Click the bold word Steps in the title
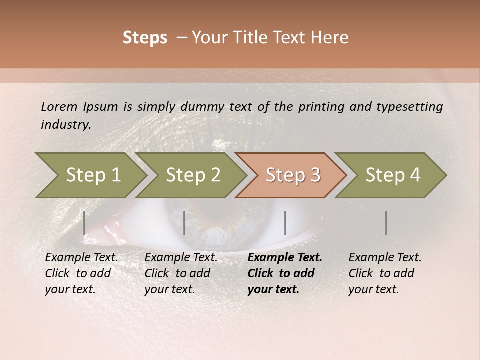coord(145,38)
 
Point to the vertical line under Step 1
coord(84,223)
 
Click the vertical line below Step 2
coord(184,223)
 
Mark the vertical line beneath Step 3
coord(285,223)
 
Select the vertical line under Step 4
coord(386,223)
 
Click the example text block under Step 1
coord(81,273)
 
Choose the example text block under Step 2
coord(181,273)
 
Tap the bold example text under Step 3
coord(285,273)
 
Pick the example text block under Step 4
coord(385,273)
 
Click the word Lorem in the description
coord(59,106)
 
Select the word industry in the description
coord(65,125)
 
